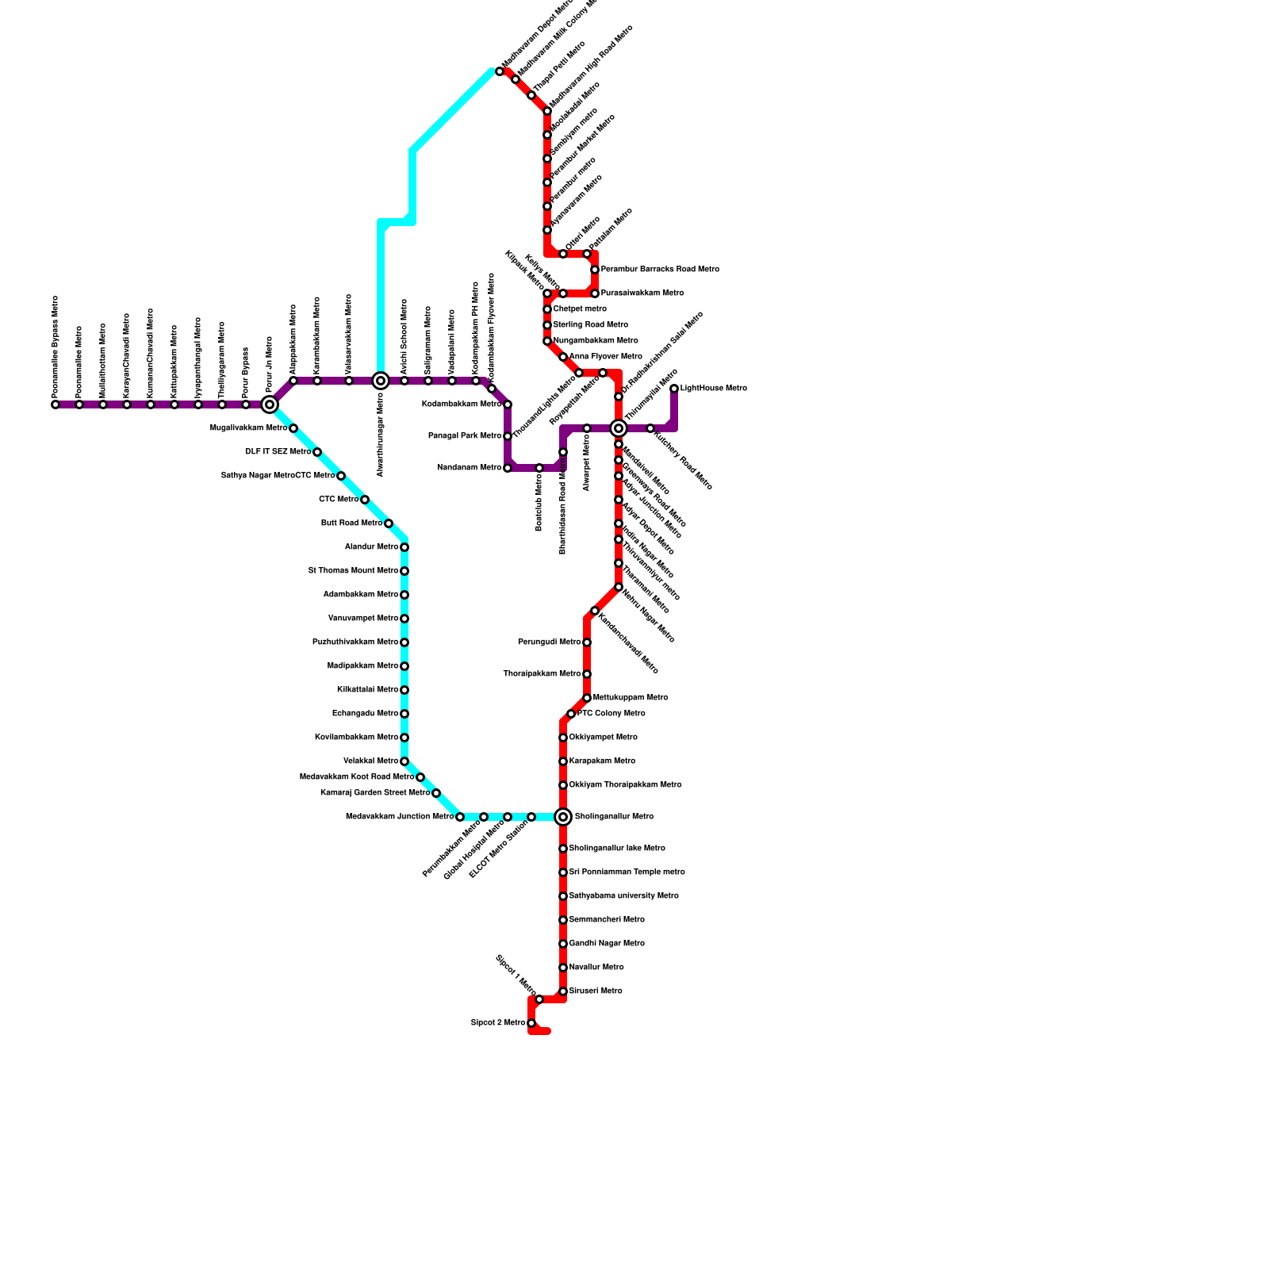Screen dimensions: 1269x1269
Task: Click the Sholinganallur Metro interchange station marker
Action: click(563, 817)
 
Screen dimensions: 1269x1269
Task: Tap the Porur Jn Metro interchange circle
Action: click(270, 404)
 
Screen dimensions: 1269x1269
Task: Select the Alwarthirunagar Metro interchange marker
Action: click(381, 381)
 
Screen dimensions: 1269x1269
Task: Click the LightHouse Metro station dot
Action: click(674, 389)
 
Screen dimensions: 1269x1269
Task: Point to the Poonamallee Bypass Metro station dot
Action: click(56, 404)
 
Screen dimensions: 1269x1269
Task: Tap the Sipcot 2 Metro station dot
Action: click(531, 1023)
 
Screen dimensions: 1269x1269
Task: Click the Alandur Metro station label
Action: click(371, 547)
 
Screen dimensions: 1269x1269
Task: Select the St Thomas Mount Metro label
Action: click(353, 571)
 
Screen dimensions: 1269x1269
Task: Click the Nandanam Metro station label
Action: click(469, 468)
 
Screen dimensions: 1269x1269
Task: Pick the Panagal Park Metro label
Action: click(465, 436)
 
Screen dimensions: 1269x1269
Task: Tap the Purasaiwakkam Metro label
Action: click(642, 293)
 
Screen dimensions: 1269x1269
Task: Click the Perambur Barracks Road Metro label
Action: click(659, 270)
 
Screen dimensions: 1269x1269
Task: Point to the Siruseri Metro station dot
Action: click(563, 991)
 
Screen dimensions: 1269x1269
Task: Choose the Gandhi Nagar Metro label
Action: click(607, 944)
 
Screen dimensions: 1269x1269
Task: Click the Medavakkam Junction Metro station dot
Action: click(460, 817)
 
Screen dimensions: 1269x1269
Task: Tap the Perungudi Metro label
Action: click(549, 642)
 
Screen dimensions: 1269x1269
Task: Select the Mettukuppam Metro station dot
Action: click(587, 698)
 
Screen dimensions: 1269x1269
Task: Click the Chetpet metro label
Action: click(580, 309)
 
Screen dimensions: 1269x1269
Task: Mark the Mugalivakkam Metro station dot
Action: click(293, 428)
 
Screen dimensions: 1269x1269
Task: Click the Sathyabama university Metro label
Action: click(623, 896)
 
